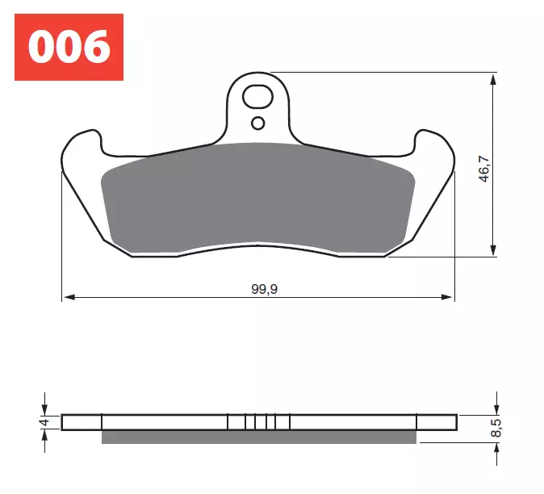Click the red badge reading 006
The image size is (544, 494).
tap(69, 47)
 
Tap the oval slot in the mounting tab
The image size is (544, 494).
tap(258, 97)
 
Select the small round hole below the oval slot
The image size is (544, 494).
tap(257, 123)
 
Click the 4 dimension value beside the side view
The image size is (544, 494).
tap(45, 421)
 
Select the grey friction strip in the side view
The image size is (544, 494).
tap(258, 437)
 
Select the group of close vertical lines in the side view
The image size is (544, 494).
tap(258, 421)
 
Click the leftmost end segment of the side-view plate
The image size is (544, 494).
tap(82, 421)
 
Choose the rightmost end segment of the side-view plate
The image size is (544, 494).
tap(436, 421)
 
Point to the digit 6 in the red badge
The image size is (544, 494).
tap(95, 47)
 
